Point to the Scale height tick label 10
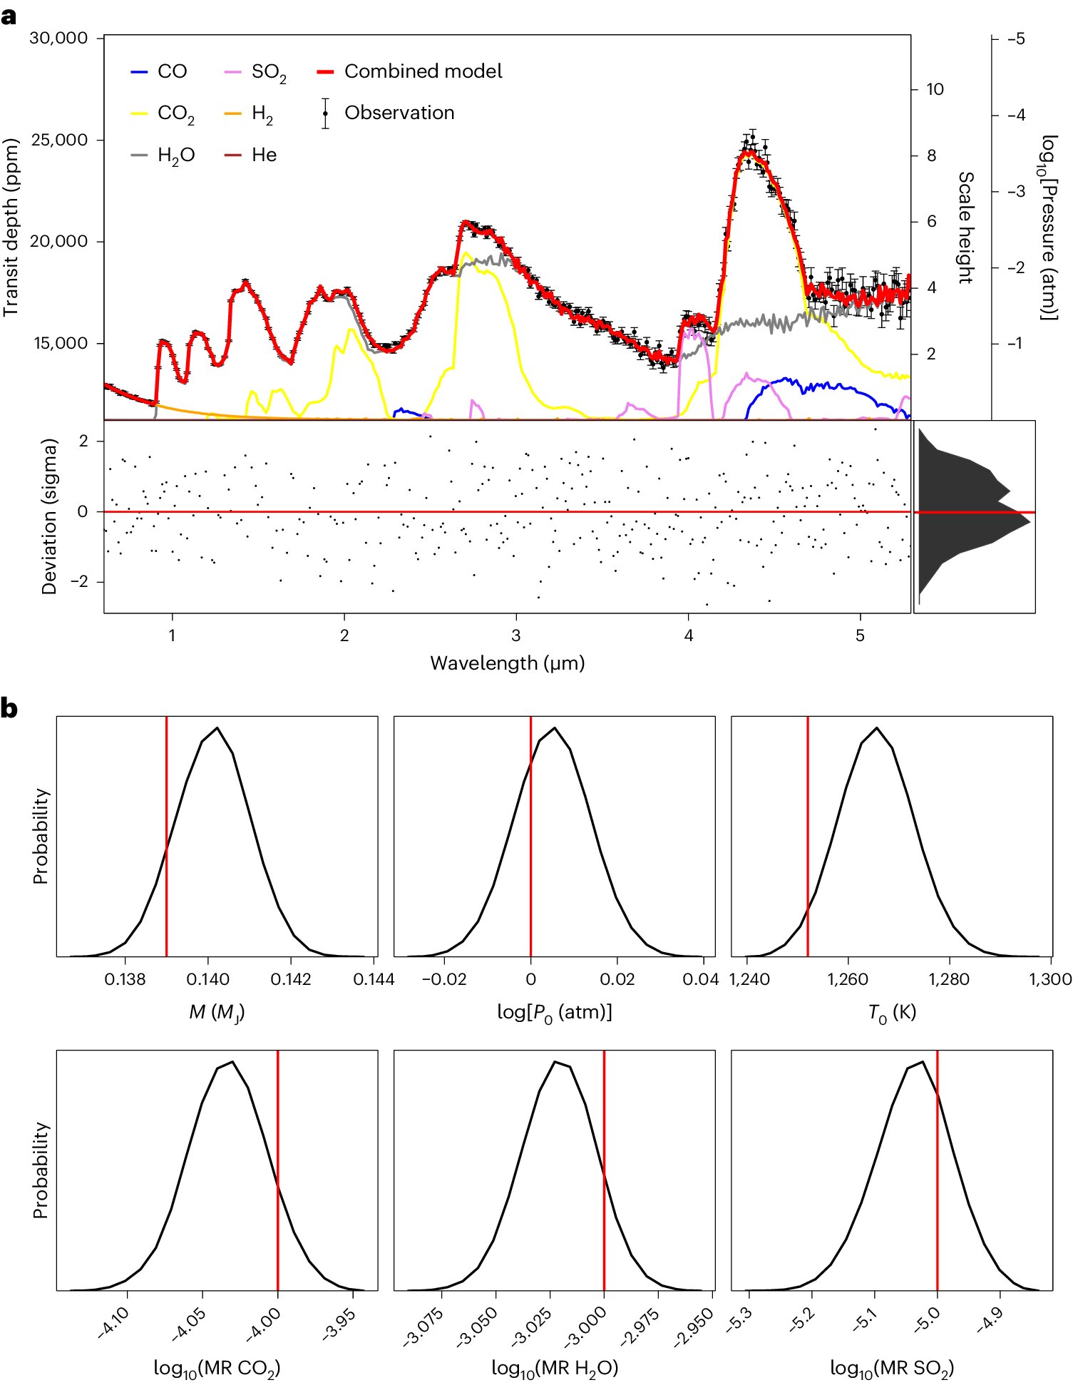[x=934, y=89]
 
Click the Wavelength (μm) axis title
[x=507, y=663]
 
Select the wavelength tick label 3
[x=516, y=635]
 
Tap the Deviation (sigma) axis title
[x=48, y=516]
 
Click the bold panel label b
[x=9, y=710]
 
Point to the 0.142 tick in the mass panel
[x=291, y=979]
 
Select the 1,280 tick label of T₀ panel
[x=949, y=979]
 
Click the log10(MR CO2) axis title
[x=217, y=1367]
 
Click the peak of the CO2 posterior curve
[x=232, y=1062]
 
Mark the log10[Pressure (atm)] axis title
[x=1048, y=228]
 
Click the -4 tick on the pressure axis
[x=1016, y=115]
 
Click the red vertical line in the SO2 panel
[x=937, y=1170]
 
